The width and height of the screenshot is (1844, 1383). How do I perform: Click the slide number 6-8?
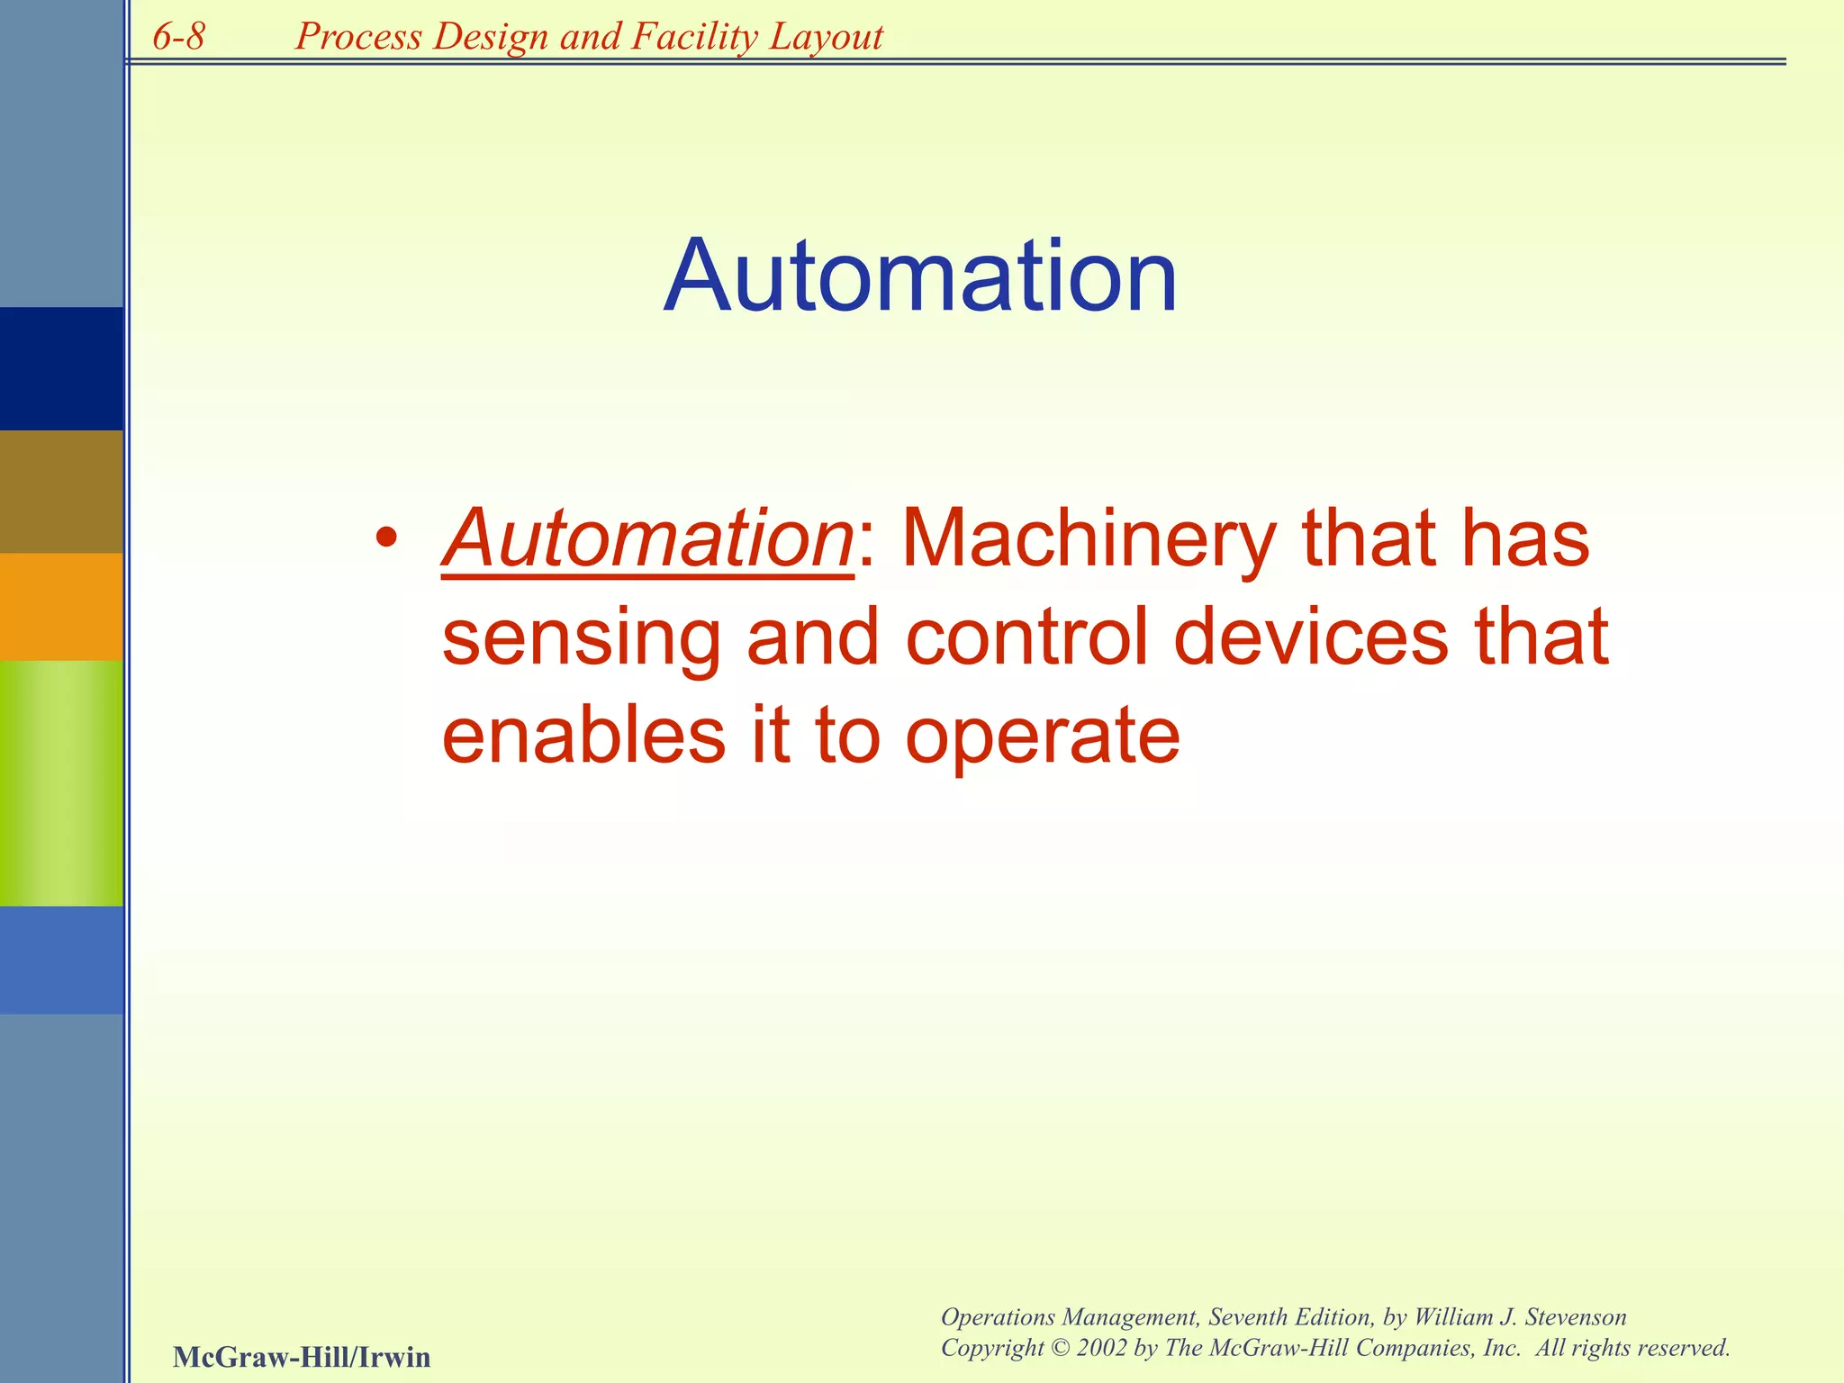point(178,37)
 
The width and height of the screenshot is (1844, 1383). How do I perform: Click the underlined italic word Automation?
point(647,539)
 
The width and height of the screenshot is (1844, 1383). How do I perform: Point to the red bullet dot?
point(386,539)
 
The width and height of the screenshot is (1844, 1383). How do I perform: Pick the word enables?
point(583,734)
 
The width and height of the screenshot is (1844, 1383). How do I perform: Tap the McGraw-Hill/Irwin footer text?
point(302,1356)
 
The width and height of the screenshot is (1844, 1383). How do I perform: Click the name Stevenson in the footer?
point(1575,1317)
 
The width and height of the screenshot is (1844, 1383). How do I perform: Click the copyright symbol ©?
point(1061,1348)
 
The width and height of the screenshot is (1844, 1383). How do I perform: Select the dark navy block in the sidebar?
point(61,368)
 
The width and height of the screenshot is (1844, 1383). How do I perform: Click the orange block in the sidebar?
point(61,606)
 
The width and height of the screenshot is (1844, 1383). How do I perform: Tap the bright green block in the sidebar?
point(61,782)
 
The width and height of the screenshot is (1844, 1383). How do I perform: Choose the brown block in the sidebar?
point(61,491)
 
